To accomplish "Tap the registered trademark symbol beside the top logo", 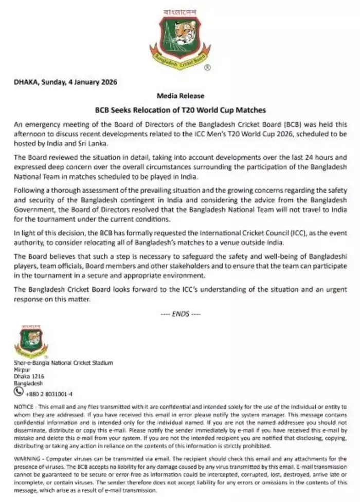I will (206, 67).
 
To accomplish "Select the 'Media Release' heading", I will (180, 96).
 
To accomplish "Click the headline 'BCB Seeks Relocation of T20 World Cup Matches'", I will (180, 109).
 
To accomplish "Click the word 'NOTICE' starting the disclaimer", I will (23, 406).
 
